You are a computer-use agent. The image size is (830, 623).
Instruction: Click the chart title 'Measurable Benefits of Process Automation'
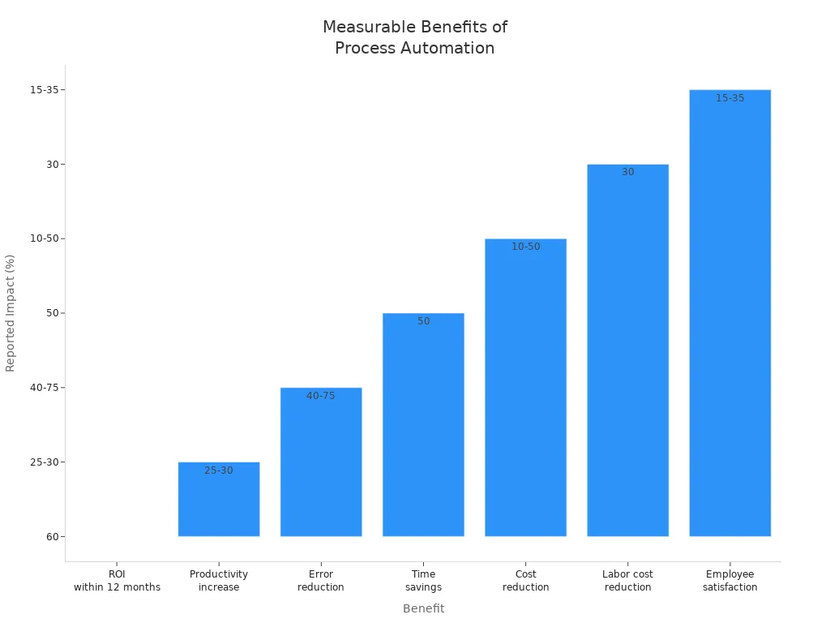[414, 37]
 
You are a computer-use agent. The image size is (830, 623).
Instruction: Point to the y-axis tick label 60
[50, 536]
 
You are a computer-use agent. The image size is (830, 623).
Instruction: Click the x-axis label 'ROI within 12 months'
[117, 581]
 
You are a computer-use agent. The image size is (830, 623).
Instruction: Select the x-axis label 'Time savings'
[423, 581]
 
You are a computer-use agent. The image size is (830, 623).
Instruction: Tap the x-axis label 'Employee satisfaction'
[729, 581]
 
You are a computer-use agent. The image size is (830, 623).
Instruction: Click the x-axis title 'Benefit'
[423, 608]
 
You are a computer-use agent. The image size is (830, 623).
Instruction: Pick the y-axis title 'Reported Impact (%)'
[11, 313]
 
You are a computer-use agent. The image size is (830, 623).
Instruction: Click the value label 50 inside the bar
[424, 321]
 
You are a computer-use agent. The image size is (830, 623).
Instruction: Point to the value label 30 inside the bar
[628, 172]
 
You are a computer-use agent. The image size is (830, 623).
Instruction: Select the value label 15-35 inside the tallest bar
[729, 98]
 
